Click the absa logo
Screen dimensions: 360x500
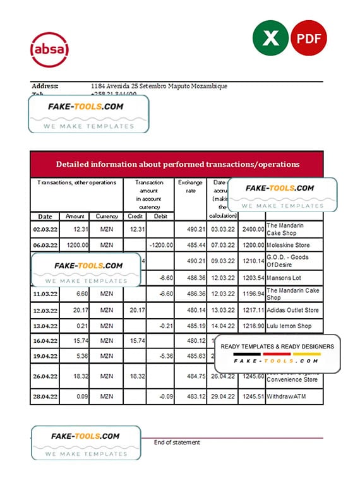coord(49,49)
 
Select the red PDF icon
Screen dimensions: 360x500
coord(309,39)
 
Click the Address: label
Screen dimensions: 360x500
coord(45,86)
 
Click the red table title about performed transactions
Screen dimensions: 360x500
coord(177,164)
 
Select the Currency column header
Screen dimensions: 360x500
coord(107,216)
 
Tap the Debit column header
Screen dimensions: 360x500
coord(160,216)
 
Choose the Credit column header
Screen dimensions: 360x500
coord(135,216)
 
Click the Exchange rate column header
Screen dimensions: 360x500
coord(190,186)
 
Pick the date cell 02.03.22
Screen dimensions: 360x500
coord(45,229)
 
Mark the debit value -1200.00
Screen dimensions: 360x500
coord(160,244)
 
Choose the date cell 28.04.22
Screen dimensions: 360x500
coord(45,397)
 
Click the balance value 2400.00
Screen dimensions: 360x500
coord(252,229)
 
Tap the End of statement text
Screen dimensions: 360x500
coord(177,443)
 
